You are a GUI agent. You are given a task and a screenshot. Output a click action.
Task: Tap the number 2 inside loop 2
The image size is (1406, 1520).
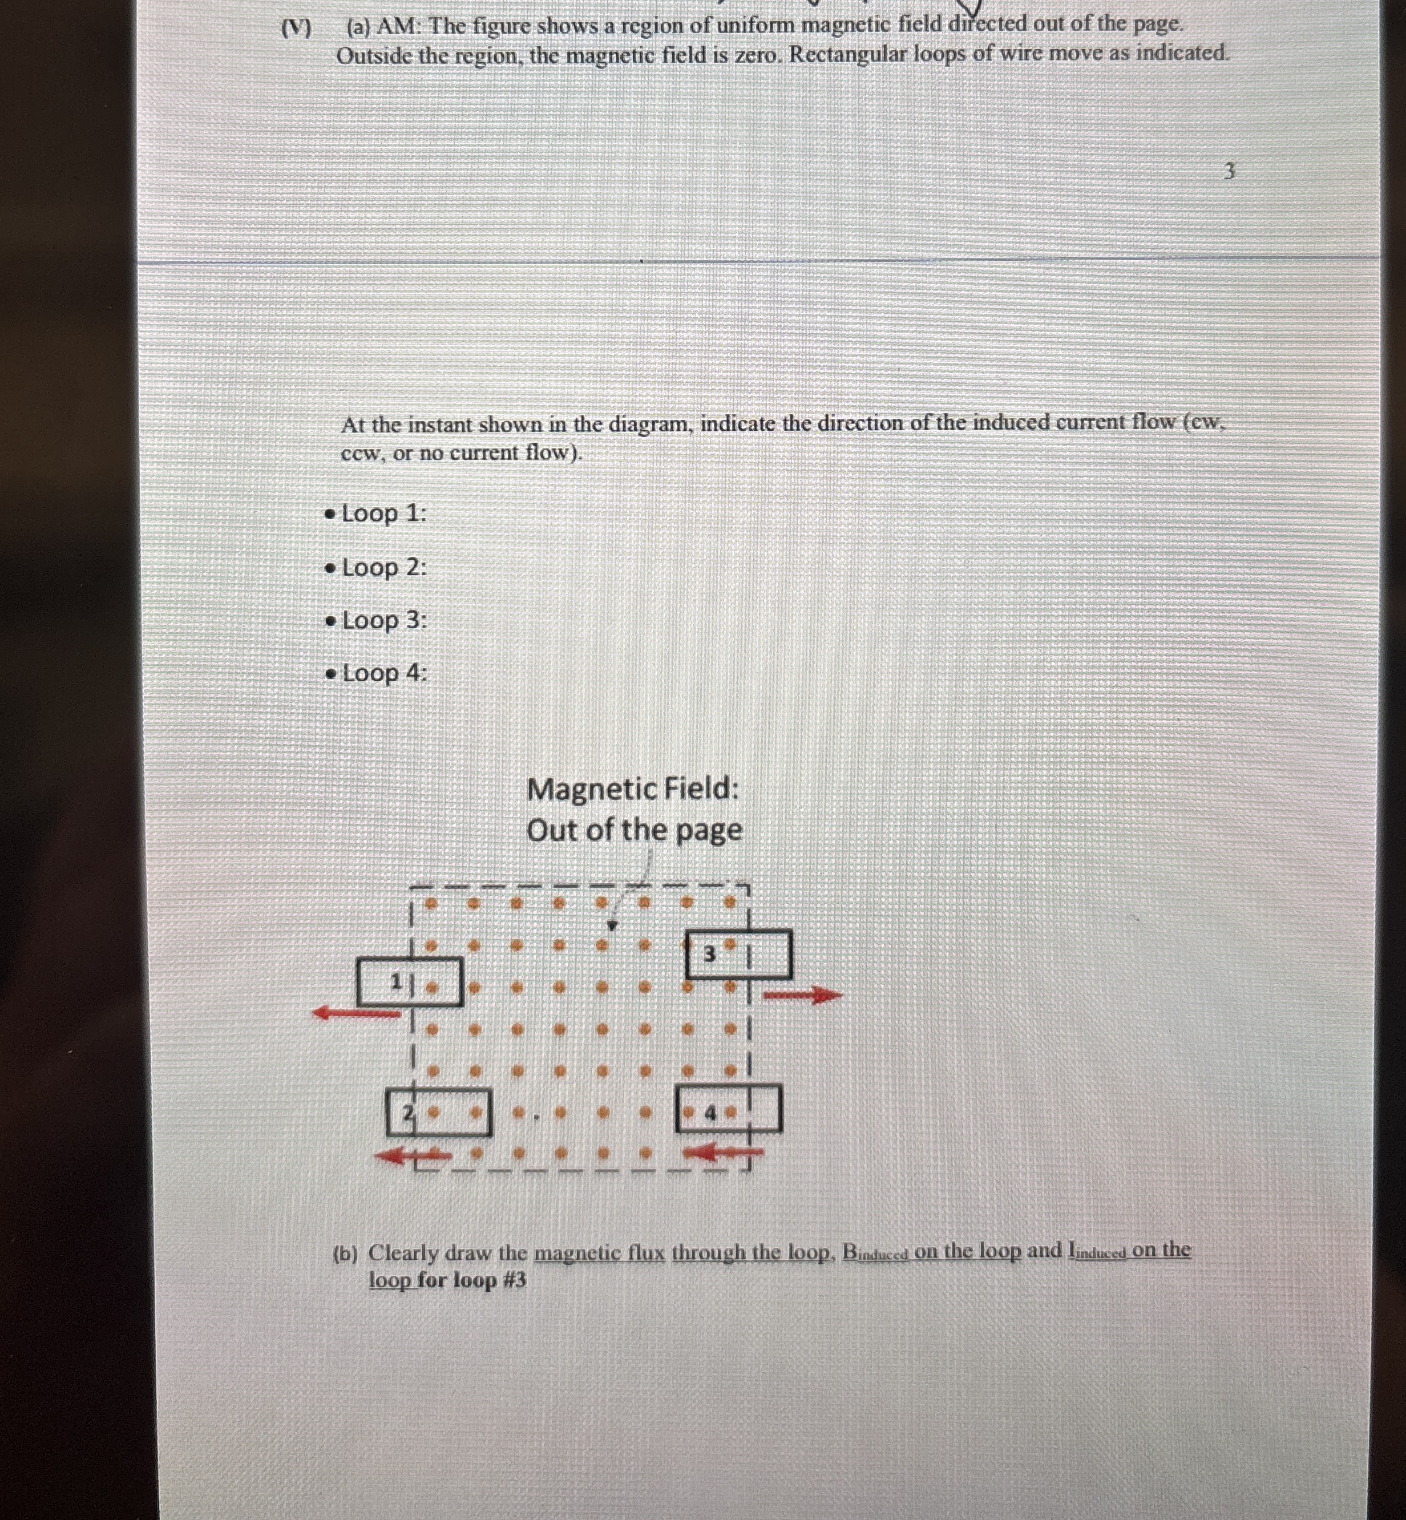pos(408,1113)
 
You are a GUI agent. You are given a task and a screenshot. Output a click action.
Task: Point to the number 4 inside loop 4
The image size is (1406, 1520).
pos(710,1114)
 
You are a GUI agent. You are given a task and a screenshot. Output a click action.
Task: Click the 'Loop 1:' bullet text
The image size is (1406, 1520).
pos(383,514)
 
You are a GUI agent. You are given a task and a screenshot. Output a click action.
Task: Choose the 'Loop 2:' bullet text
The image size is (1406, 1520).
pos(383,568)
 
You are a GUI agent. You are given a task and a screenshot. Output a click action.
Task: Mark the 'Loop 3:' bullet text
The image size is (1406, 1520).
pos(383,621)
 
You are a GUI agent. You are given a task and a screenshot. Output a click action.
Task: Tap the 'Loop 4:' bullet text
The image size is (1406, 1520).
pos(383,673)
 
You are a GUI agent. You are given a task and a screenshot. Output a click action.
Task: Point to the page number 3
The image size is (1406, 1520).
pos(1229,171)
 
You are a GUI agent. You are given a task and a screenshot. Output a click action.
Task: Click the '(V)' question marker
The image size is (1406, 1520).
pos(297,29)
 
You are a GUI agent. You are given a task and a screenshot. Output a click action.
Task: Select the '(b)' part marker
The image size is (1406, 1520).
pos(345,1254)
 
